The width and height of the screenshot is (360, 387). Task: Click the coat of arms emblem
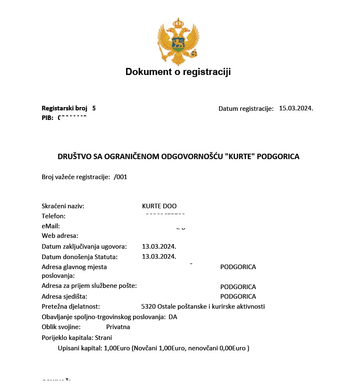point(178,41)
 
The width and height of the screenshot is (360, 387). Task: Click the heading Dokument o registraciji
point(178,72)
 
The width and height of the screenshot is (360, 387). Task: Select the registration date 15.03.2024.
point(296,108)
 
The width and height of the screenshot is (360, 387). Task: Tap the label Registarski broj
point(65,108)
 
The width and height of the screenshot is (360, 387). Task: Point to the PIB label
point(47,118)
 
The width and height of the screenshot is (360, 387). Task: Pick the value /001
point(120,177)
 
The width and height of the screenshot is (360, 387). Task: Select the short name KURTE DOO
point(159,206)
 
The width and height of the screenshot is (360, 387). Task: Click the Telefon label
point(54,216)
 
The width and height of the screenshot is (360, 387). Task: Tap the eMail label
point(51,226)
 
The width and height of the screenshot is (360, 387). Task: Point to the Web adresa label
point(60,236)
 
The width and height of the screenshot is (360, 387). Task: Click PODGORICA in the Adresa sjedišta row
point(238,297)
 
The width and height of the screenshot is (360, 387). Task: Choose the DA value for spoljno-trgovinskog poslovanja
point(173,317)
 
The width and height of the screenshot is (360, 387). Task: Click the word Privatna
point(118,327)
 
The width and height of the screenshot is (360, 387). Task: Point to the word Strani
point(104,338)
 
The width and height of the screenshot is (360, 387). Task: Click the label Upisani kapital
point(80,348)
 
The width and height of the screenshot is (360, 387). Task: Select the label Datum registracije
point(246,109)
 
